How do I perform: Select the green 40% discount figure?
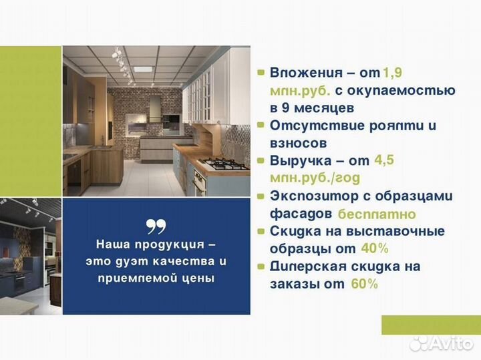373,248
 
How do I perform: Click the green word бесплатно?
377,214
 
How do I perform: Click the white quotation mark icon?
156,225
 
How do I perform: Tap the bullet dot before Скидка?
260,231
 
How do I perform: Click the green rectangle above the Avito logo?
430,325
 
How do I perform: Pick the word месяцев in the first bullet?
327,108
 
